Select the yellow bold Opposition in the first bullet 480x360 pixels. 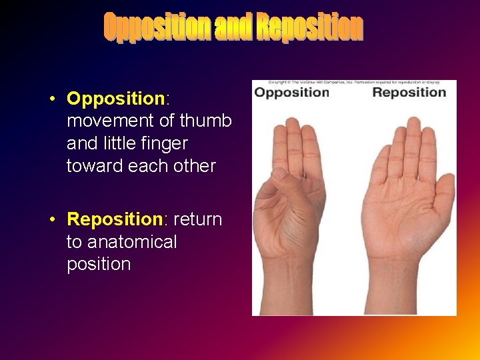(x=115, y=99)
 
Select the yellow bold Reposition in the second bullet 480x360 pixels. (x=115, y=219)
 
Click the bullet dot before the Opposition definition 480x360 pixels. (x=51, y=99)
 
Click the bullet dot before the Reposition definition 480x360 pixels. (x=51, y=219)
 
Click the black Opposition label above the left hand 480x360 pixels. (x=292, y=92)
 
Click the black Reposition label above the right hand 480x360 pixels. (x=409, y=92)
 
